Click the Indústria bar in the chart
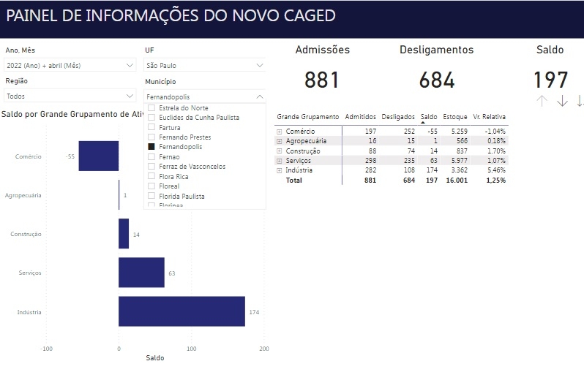pyautogui.click(x=181, y=311)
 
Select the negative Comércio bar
pyautogui.click(x=99, y=156)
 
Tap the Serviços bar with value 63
pyautogui.click(x=141, y=272)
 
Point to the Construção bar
pyautogui.click(x=124, y=234)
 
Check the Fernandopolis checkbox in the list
pyautogui.click(x=151, y=147)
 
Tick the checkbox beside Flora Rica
pyautogui.click(x=151, y=176)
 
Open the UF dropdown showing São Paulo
pyautogui.click(x=205, y=66)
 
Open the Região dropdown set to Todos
pyautogui.click(x=70, y=96)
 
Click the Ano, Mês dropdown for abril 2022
pyautogui.click(x=70, y=66)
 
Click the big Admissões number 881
pyautogui.click(x=322, y=80)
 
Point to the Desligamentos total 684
pyautogui.click(x=437, y=80)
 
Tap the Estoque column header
pyautogui.click(x=454, y=117)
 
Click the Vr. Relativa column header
pyautogui.click(x=490, y=117)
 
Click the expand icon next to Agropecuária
pyautogui.click(x=280, y=141)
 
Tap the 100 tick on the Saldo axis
pyautogui.click(x=192, y=349)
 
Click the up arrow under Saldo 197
pyautogui.click(x=542, y=102)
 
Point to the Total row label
pyautogui.click(x=293, y=180)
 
